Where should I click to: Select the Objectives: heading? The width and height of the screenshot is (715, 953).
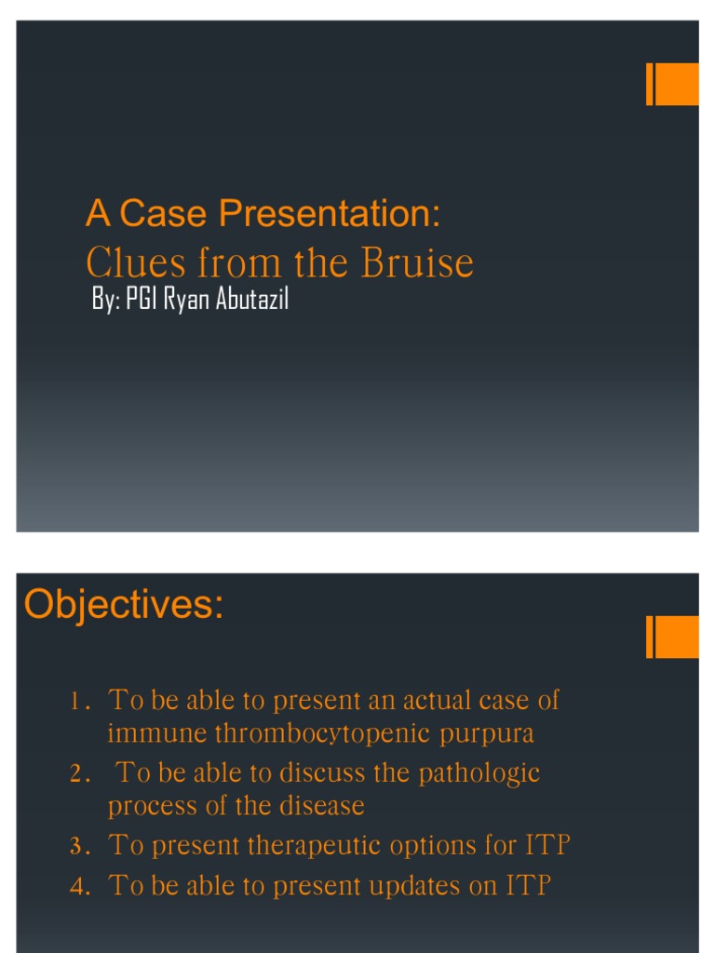tap(124, 605)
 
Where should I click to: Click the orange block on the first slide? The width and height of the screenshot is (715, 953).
tap(672, 84)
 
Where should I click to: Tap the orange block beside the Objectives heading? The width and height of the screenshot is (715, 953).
tap(672, 638)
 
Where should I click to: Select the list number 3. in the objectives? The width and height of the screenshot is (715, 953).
tap(79, 847)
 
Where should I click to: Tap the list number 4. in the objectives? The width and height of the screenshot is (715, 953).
tap(79, 887)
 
